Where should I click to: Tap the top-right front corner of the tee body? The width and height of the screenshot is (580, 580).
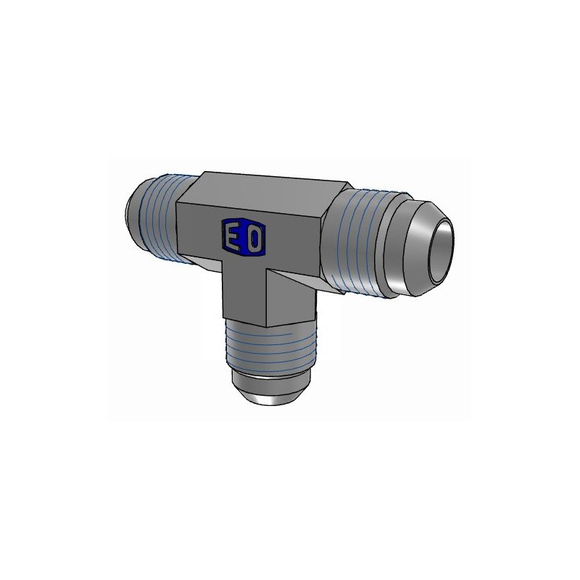(x=319, y=213)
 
